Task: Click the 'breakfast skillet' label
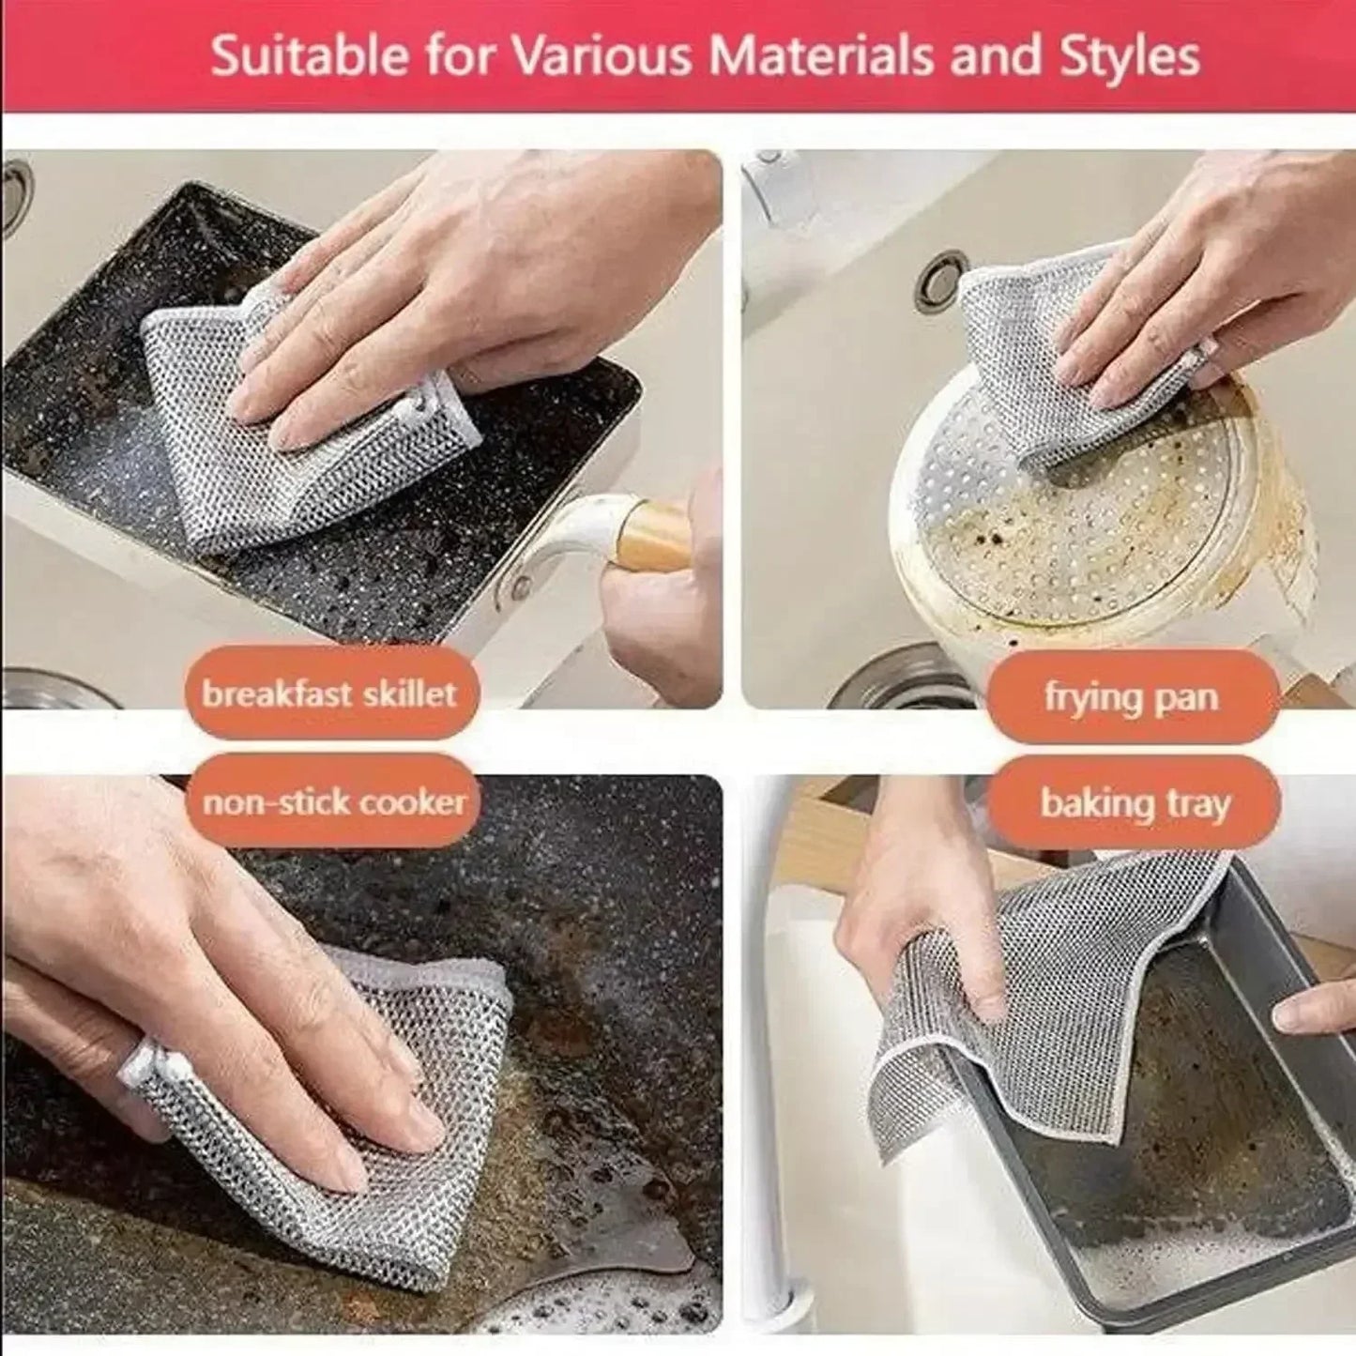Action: pos(330,694)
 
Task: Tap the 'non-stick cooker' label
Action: pos(334,802)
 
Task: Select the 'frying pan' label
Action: pos(1132,698)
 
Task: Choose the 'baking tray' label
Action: pos(1134,804)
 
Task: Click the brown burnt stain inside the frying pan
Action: pos(1013,544)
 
